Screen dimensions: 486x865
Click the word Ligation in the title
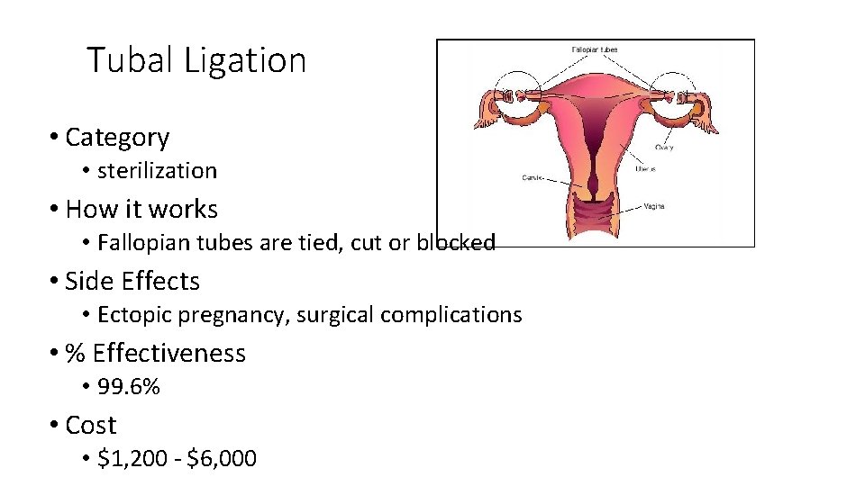coord(245,61)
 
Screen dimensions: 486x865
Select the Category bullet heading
coord(117,137)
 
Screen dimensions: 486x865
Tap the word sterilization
coord(157,170)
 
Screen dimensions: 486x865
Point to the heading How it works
coord(141,209)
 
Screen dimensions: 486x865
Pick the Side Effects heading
coord(132,281)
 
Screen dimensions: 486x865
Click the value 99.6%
coord(129,387)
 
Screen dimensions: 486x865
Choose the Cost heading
coord(91,425)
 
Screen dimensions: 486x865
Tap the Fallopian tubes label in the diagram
coord(595,49)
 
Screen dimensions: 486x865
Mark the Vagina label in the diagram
coord(654,206)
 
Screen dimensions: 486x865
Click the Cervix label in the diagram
coord(533,178)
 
